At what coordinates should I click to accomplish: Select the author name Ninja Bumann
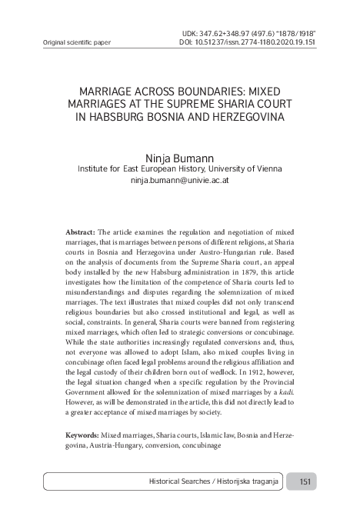(x=179, y=156)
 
